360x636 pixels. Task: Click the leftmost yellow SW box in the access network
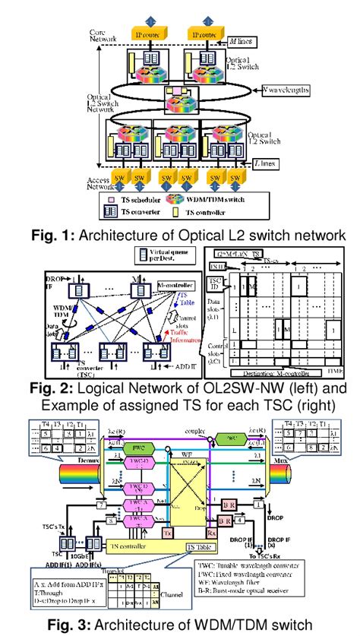pos(118,180)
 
